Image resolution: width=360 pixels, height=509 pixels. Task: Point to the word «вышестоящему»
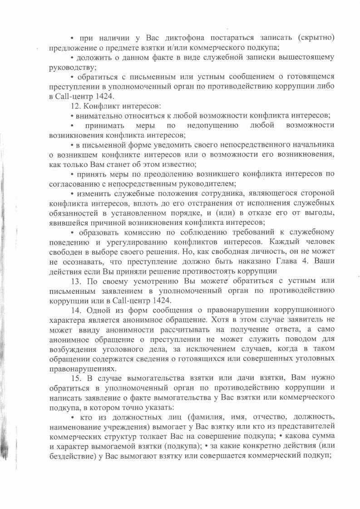click(x=297, y=57)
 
